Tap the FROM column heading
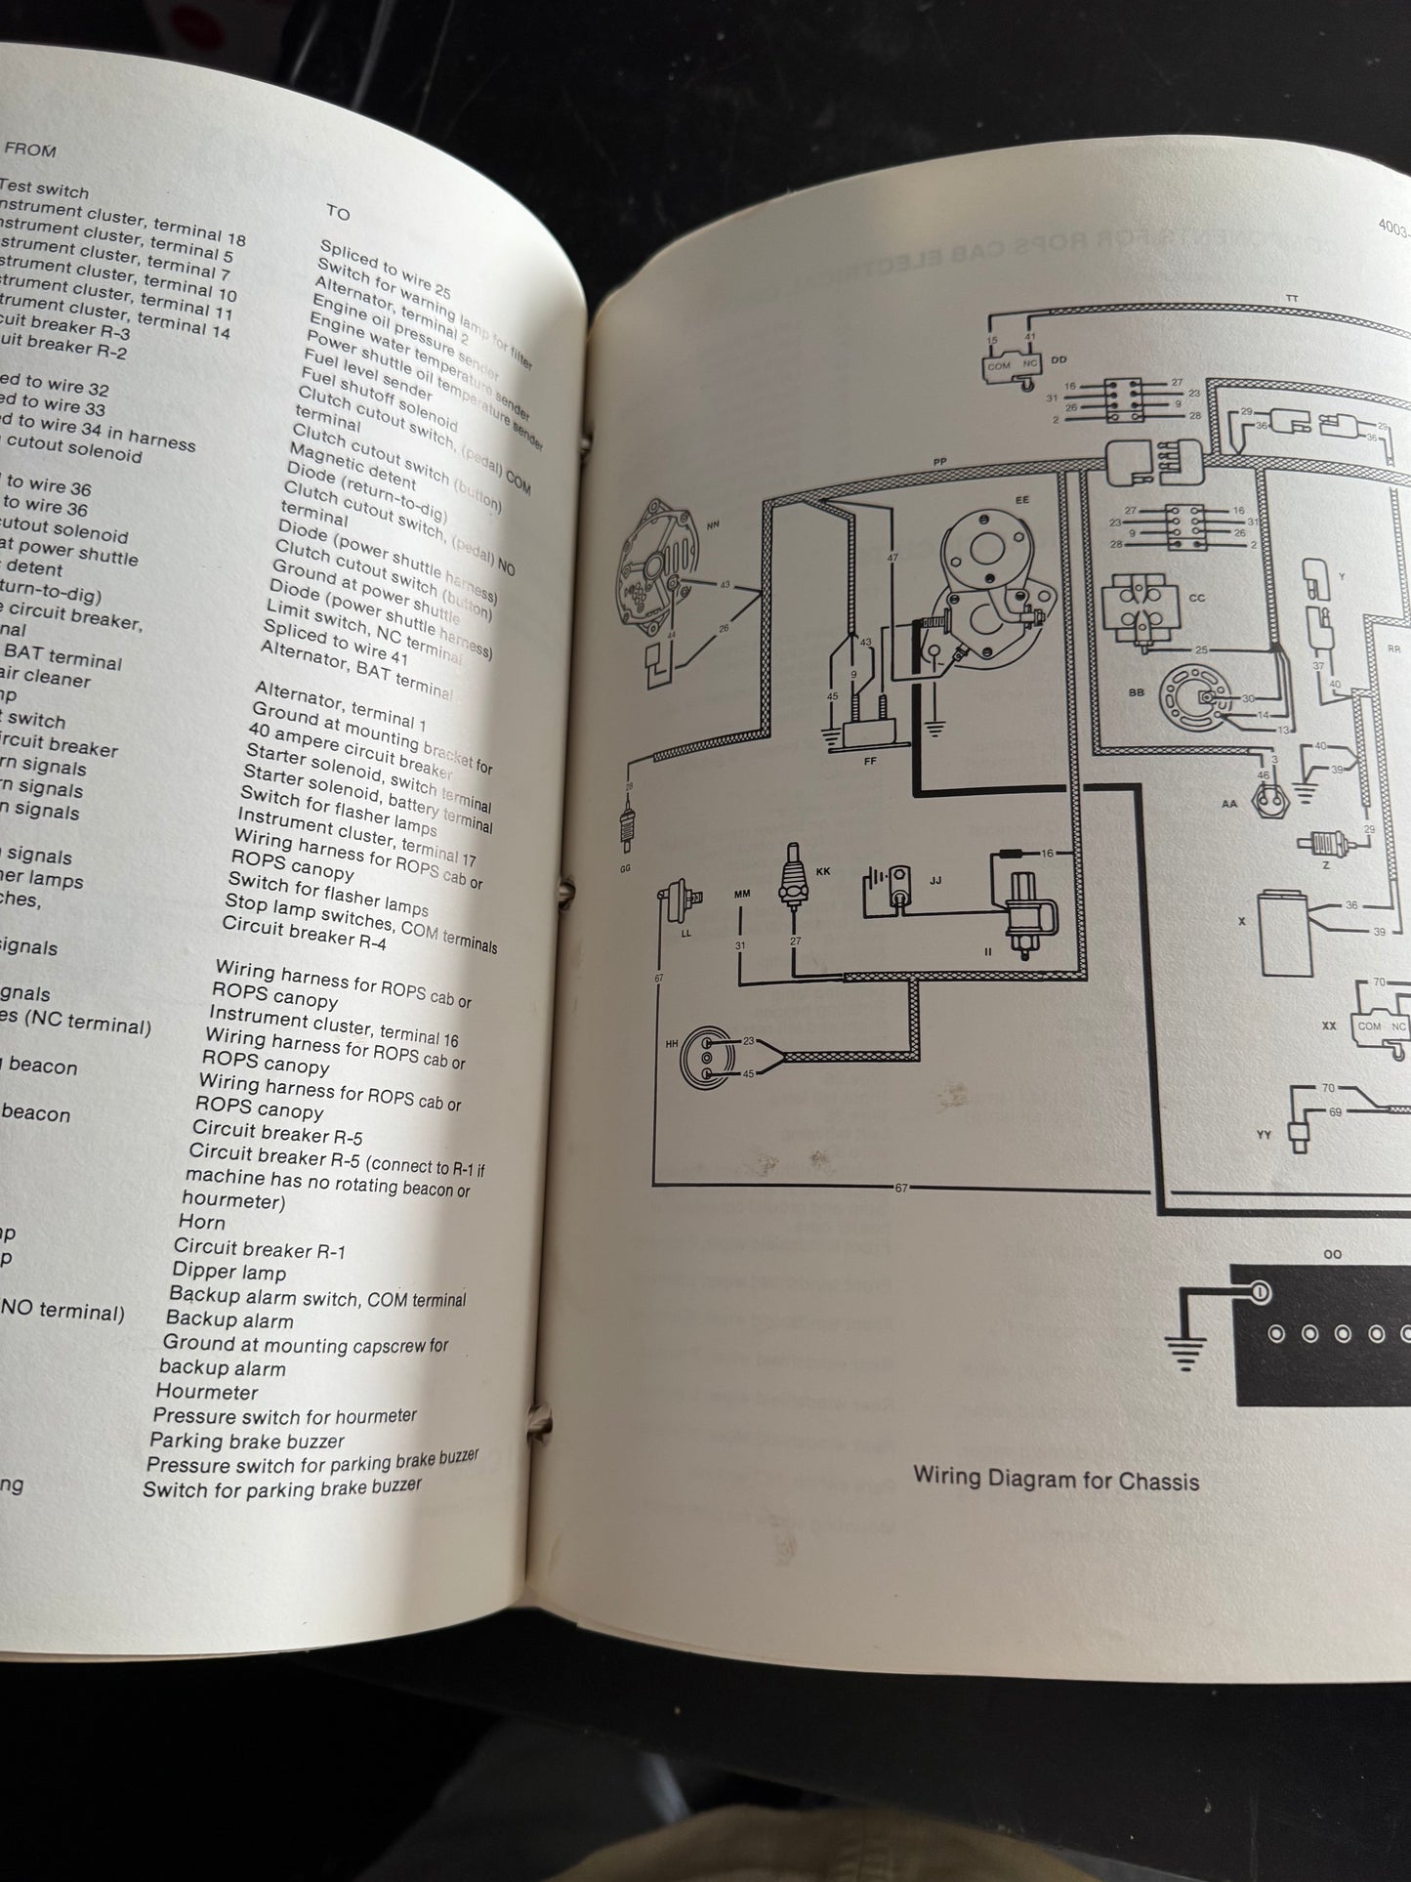click(x=30, y=150)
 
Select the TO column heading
click(x=338, y=212)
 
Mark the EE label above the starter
click(x=1021, y=499)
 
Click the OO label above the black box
click(x=1332, y=1254)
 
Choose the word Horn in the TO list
click(x=201, y=1222)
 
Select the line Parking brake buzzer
click(x=247, y=1441)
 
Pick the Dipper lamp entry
click(x=229, y=1272)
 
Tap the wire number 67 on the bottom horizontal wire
click(x=901, y=1188)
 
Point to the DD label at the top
click(x=1059, y=360)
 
